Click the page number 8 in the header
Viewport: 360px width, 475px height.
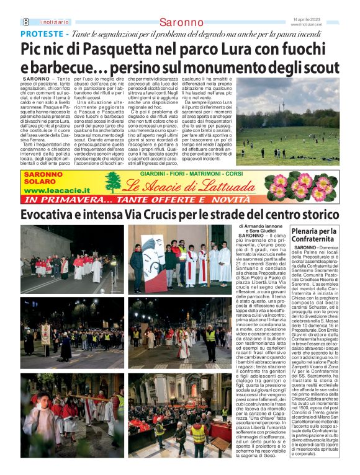point(26,22)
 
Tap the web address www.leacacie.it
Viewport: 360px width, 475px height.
point(56,191)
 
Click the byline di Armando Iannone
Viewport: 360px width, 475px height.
point(272,226)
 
